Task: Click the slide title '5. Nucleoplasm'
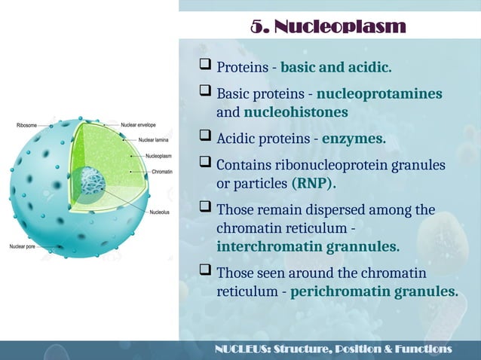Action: (x=328, y=28)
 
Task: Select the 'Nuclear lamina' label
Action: (x=153, y=139)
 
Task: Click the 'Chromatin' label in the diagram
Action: (x=162, y=172)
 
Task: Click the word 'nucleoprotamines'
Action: (x=379, y=95)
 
